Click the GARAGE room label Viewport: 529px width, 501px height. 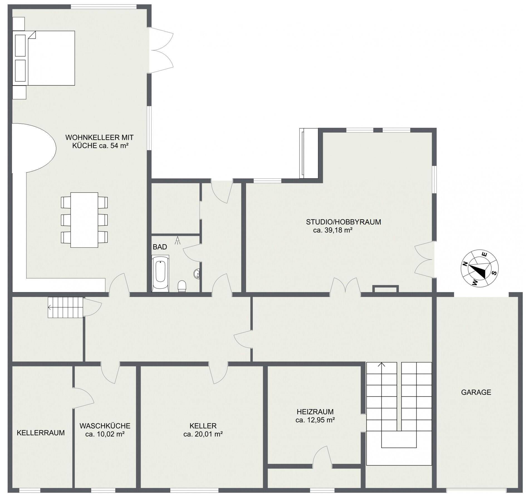[476, 392]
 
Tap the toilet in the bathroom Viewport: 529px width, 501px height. [182, 286]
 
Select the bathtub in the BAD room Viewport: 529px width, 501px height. [160, 273]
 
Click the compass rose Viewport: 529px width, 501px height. [479, 268]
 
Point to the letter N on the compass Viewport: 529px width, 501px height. [464, 264]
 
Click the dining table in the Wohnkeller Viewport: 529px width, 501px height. [84, 220]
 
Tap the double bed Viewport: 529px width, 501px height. [44, 58]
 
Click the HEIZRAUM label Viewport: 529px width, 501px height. [315, 411]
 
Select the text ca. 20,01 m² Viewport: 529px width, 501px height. [203, 434]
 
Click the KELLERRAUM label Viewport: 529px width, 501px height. [41, 433]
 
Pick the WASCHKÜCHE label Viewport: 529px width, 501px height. [105, 426]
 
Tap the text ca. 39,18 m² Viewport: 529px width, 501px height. [333, 230]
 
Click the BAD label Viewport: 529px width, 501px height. [160, 247]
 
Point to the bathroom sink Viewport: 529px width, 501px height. [197, 274]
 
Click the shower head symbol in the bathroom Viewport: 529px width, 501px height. [177, 241]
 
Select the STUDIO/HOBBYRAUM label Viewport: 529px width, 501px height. [343, 222]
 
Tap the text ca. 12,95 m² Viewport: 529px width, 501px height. [315, 420]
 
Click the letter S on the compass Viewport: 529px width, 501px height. [494, 272]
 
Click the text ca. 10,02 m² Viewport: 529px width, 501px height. [105, 434]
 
